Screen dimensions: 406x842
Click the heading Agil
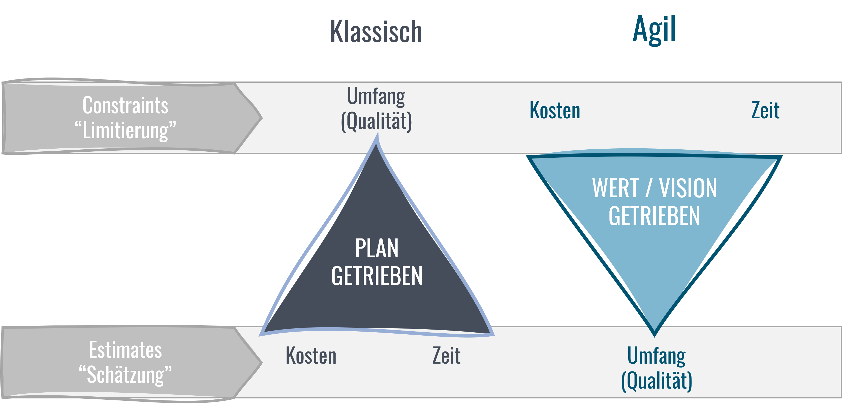[654, 30]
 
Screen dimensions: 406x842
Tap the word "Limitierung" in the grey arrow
[125, 130]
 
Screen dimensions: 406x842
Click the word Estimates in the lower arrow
[125, 350]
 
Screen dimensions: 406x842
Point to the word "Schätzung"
[125, 375]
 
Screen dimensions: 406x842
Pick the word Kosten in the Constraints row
[555, 110]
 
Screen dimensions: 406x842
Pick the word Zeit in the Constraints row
[765, 110]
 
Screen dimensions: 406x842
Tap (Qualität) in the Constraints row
[376, 121]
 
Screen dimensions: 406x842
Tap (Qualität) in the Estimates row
[656, 381]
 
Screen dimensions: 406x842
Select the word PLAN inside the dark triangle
[377, 249]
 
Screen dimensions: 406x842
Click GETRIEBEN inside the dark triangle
[377, 276]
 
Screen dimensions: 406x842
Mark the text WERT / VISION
[654, 188]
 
